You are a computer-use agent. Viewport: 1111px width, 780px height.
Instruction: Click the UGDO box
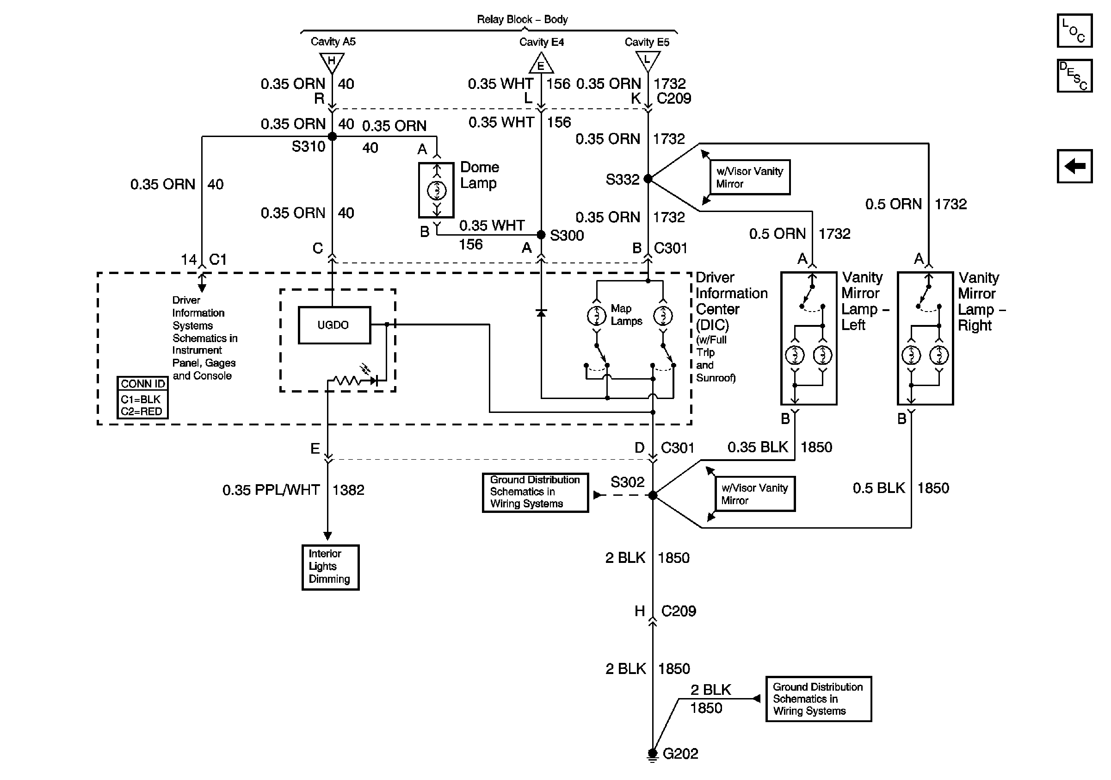click(334, 325)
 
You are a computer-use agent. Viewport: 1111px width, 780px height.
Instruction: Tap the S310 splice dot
click(333, 137)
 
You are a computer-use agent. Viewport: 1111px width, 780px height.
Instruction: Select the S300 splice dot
click(542, 235)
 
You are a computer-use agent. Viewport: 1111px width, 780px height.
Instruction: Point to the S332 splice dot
click(648, 179)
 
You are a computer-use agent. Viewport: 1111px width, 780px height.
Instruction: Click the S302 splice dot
click(653, 495)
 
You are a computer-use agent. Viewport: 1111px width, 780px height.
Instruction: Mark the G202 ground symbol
click(653, 754)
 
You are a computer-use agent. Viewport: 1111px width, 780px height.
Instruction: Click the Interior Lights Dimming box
click(330, 567)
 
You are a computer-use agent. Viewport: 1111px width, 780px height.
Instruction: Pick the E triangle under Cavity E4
click(541, 64)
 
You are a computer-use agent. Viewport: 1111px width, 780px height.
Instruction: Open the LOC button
click(1074, 31)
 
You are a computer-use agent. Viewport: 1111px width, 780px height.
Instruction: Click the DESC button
click(1074, 76)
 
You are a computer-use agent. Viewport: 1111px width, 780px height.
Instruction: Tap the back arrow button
click(1074, 166)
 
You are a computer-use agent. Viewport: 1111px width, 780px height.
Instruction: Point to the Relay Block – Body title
click(522, 19)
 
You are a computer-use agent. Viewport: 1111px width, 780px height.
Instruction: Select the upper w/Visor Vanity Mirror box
click(750, 177)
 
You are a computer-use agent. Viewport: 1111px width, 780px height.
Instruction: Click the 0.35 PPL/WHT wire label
click(271, 490)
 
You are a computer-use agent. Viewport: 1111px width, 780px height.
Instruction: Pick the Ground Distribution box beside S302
click(535, 492)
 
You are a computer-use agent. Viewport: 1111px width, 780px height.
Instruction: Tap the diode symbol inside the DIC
click(542, 313)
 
